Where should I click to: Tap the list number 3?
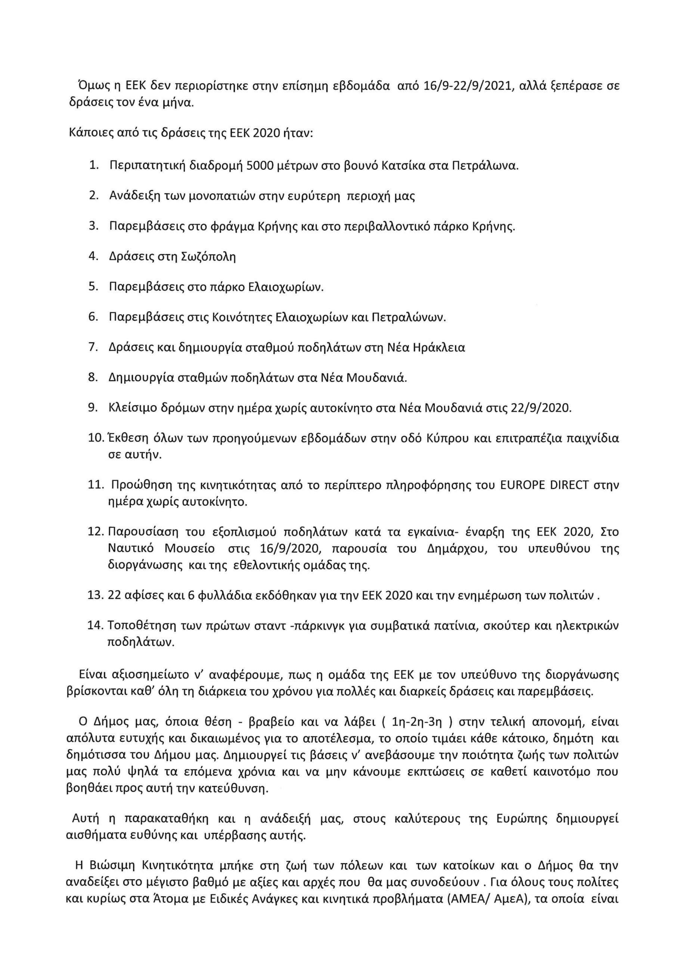(x=93, y=226)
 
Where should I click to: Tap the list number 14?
(x=95, y=626)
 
